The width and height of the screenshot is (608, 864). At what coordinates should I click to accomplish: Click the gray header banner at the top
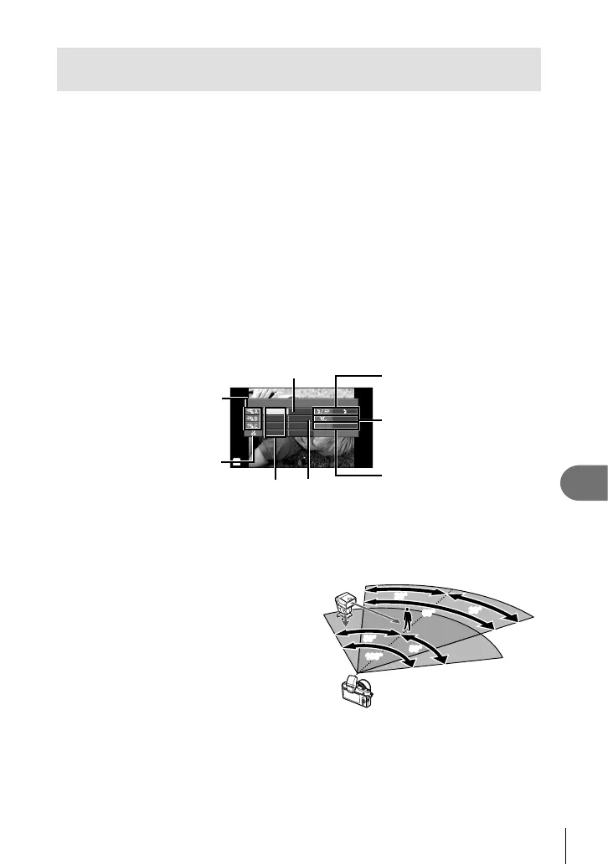(x=298, y=69)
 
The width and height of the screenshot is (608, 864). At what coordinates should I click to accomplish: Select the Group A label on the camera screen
(x=252, y=413)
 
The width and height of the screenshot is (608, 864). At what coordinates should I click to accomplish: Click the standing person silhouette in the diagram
(x=408, y=620)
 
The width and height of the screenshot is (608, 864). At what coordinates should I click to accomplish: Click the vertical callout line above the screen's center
(x=294, y=393)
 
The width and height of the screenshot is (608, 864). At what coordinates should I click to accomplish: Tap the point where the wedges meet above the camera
(x=358, y=672)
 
